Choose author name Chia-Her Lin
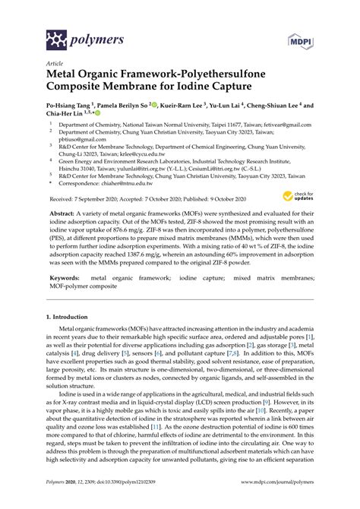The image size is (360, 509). (67, 116)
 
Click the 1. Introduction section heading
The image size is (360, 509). (75, 314)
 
